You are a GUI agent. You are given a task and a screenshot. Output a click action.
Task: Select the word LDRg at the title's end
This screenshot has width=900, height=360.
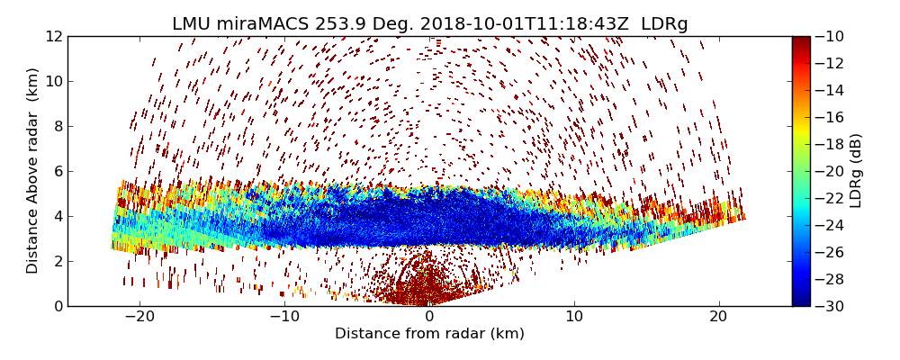click(x=664, y=24)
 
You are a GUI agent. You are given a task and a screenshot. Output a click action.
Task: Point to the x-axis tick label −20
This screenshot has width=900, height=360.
click(x=139, y=318)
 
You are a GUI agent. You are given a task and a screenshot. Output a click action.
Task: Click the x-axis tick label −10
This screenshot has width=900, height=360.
click(x=284, y=318)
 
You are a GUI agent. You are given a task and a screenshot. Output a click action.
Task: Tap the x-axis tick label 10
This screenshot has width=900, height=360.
click(x=574, y=318)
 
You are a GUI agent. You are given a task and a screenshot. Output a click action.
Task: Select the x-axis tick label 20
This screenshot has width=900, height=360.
click(x=718, y=318)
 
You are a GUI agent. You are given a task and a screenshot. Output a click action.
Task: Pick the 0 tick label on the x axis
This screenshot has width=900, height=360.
click(x=429, y=318)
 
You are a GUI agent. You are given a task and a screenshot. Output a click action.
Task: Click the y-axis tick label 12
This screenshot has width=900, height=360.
click(x=54, y=36)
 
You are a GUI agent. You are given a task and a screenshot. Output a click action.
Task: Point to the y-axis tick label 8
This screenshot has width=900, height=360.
click(x=58, y=126)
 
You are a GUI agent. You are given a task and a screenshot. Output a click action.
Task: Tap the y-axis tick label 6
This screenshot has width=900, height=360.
click(x=58, y=171)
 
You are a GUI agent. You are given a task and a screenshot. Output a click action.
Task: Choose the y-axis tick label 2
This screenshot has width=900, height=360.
click(x=58, y=261)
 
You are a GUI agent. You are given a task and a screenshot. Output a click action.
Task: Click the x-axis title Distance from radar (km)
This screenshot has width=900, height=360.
click(x=429, y=334)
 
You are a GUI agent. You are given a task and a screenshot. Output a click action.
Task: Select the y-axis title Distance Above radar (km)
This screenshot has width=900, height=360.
click(x=33, y=171)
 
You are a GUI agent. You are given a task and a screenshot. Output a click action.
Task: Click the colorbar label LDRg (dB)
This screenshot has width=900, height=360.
click(x=856, y=171)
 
